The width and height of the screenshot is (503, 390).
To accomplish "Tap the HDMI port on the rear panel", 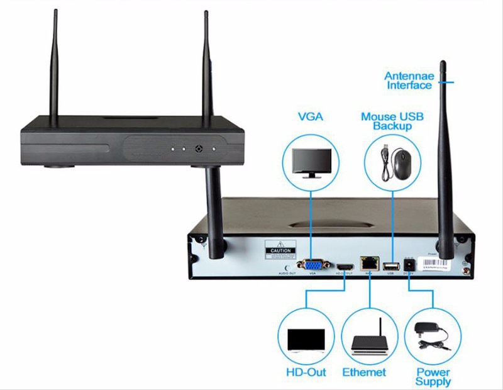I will point(345,266).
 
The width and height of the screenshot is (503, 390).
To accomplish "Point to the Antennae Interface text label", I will point(409,81).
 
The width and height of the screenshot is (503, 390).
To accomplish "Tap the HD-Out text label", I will point(306,372).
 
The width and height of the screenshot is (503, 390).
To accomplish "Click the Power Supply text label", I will point(433,377).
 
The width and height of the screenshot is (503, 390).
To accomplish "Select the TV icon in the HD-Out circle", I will point(306,340).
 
